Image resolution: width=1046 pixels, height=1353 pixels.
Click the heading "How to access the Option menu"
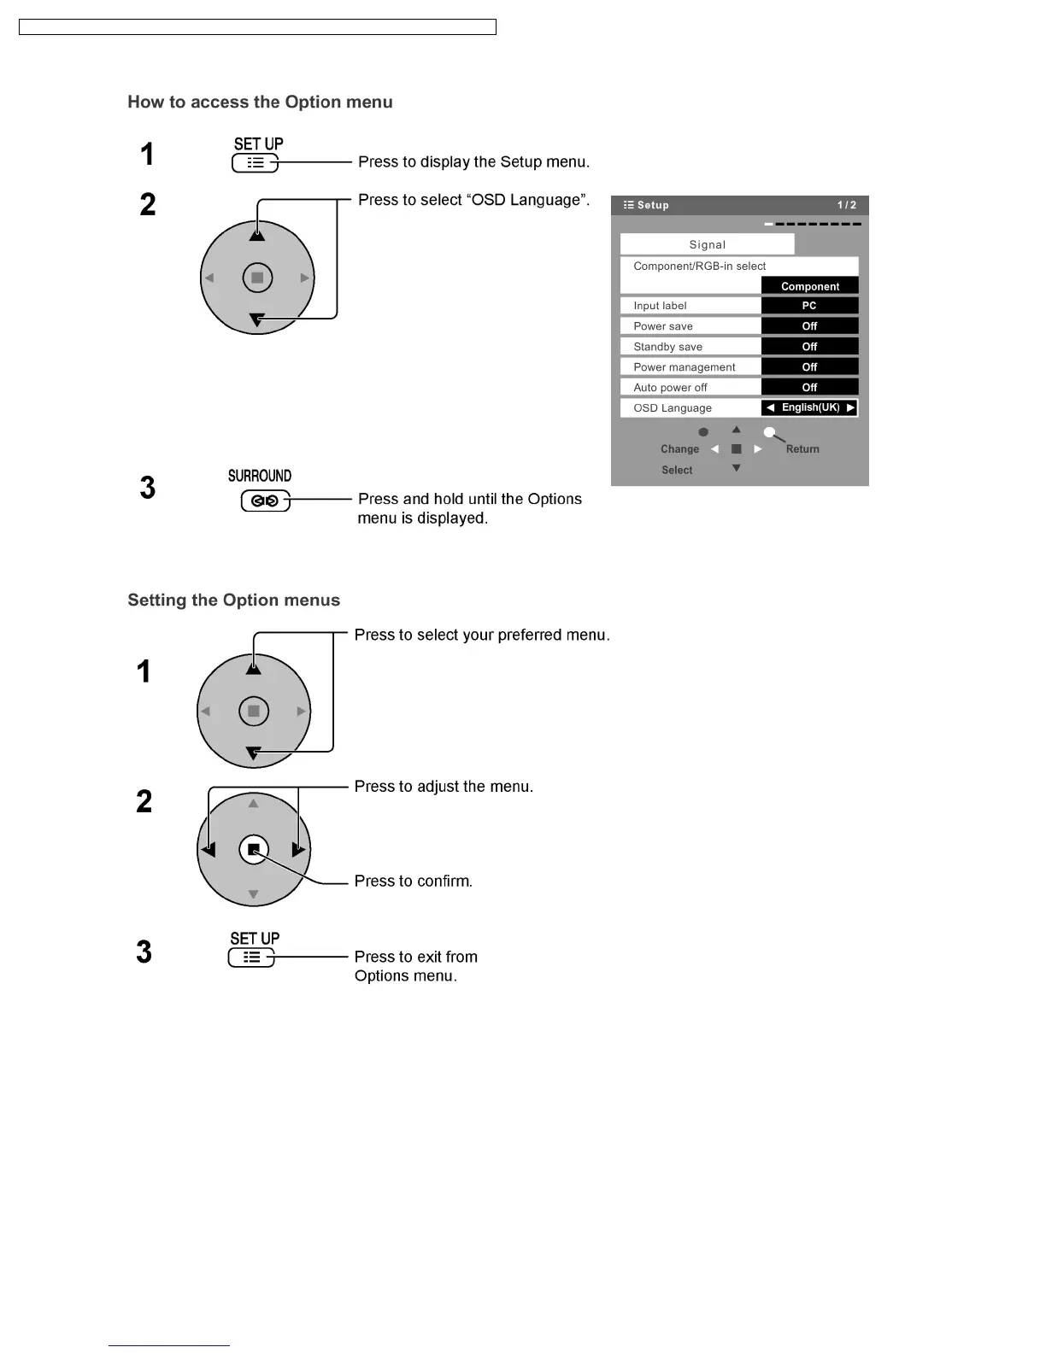260,102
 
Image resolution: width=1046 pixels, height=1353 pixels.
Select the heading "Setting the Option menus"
233,600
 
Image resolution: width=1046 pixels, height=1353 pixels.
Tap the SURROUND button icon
265,501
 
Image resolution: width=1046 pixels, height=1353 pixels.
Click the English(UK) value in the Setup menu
810,408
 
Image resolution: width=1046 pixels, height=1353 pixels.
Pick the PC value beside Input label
809,306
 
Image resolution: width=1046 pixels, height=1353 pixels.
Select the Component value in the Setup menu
809,286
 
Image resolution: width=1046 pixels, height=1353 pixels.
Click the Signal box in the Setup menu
707,244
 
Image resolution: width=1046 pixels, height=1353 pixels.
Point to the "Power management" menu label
684,367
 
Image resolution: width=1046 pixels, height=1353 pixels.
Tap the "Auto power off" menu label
670,388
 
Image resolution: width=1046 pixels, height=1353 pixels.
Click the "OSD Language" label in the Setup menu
673,408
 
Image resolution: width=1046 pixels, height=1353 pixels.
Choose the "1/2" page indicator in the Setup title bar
846,205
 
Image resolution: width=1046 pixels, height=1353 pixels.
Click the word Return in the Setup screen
802,449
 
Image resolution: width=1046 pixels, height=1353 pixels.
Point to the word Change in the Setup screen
679,449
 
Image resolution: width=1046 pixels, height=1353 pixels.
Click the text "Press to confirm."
414,881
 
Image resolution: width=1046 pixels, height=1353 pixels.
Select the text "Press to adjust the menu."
444,787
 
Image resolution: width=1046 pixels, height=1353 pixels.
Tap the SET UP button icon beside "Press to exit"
251,958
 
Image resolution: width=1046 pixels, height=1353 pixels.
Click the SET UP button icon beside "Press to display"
255,163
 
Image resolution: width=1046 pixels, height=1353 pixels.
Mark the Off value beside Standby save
809,347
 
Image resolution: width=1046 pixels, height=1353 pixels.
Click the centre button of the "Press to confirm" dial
254,850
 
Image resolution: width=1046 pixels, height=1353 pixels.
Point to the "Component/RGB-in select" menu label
699,266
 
